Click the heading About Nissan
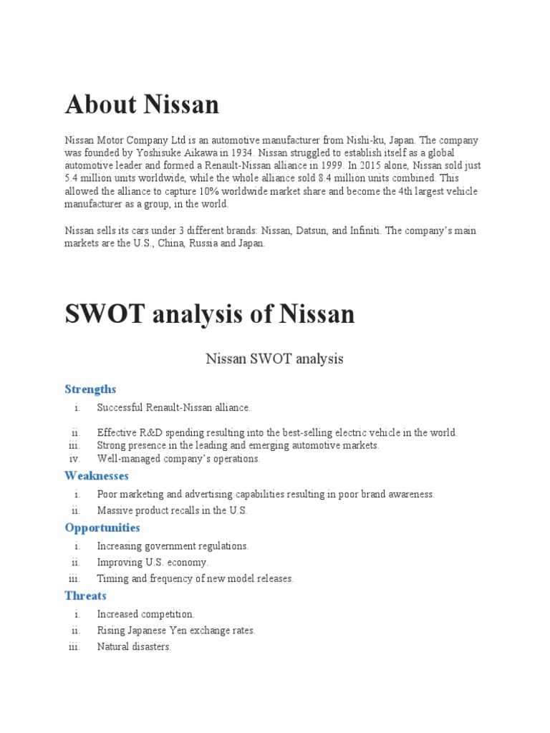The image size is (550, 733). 142,105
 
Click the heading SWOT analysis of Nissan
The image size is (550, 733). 210,314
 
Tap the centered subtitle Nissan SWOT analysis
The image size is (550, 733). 275,359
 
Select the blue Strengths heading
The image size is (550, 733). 90,389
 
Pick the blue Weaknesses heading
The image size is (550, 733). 97,476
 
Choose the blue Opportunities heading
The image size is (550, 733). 102,528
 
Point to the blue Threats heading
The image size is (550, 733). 85,596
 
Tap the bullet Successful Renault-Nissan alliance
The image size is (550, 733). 174,407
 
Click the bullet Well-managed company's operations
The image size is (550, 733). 178,459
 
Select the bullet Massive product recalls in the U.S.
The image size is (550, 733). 172,511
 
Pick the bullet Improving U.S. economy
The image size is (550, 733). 153,563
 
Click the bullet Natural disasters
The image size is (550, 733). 134,647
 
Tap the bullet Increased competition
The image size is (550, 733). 145,614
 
